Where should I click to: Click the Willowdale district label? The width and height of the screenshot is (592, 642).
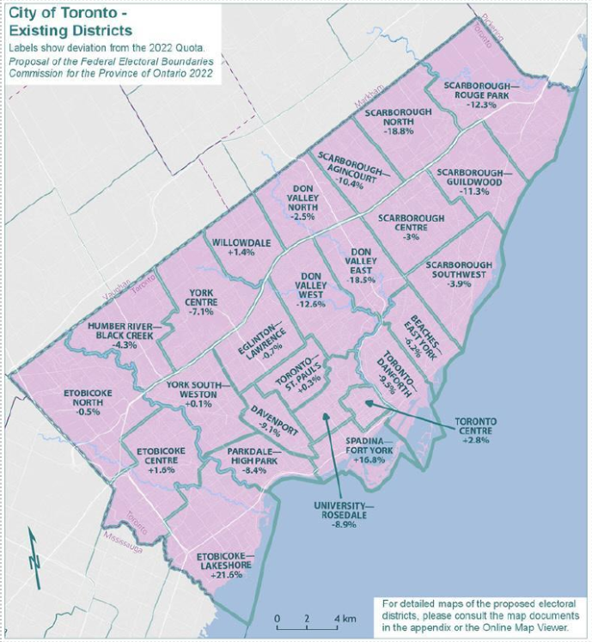coord(242,243)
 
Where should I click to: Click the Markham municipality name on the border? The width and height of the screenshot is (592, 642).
coord(368,107)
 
